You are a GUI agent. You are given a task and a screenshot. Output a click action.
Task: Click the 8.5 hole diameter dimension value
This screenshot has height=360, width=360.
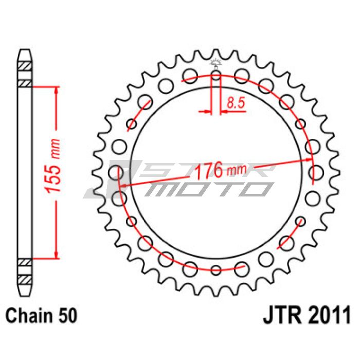point(236,103)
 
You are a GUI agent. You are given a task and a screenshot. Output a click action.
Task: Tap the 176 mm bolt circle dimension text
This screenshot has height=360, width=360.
point(220,170)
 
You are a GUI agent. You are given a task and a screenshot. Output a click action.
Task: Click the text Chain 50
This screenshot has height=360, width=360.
point(41,316)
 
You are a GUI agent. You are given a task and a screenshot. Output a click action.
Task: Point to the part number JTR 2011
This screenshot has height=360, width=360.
point(307,315)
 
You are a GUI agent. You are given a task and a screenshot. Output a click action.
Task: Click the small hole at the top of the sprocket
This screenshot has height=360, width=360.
point(216,75)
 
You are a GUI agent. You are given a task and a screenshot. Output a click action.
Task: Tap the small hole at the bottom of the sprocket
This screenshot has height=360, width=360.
point(216,270)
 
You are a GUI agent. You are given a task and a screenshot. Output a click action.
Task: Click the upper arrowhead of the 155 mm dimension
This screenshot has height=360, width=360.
point(56,91)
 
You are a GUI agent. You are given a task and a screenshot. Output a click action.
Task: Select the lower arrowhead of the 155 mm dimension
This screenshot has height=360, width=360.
point(56,255)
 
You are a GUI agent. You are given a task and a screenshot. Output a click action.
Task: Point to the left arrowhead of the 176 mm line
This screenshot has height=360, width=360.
point(124,185)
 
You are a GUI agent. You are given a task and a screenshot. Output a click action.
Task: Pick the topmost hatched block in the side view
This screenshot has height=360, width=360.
point(25,66)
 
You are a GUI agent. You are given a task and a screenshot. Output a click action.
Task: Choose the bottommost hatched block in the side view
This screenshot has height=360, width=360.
point(25,279)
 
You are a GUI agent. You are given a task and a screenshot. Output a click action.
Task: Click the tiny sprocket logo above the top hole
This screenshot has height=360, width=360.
point(216,64)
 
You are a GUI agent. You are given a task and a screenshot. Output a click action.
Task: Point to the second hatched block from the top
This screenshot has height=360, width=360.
point(25,83)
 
